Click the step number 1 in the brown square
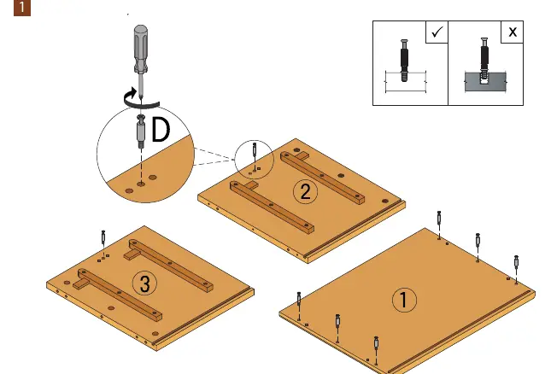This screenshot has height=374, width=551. click(22, 8)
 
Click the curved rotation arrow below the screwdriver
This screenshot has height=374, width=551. click(141, 99)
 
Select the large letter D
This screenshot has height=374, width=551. click(161, 130)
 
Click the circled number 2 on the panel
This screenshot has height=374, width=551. click(305, 192)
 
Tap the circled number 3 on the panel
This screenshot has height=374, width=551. click(144, 283)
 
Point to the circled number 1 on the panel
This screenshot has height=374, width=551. click(404, 300)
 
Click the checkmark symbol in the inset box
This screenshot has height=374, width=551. click(437, 32)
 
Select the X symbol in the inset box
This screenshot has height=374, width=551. click(513, 32)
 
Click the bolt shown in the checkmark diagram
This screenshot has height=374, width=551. click(404, 60)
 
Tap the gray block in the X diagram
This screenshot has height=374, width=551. click(485, 82)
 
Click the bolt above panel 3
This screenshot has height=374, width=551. click(103, 237)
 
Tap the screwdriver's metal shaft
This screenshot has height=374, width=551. click(141, 85)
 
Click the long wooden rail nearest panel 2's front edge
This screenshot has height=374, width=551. click(272, 207)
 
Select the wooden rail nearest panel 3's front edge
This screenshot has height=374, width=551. click(118, 295)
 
